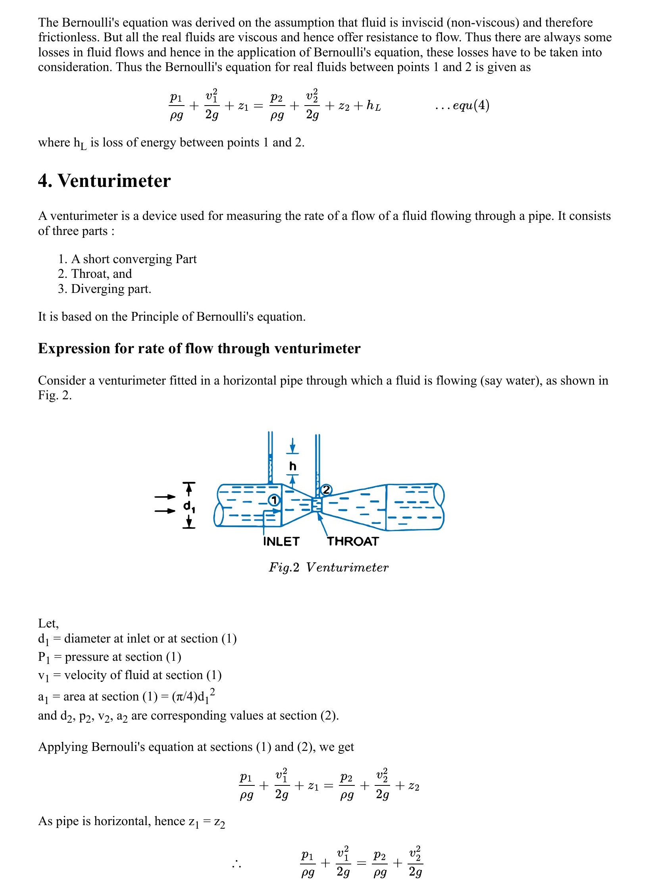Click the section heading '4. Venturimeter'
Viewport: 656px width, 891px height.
point(104,181)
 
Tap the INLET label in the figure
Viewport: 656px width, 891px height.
point(281,542)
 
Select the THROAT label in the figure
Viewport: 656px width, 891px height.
point(353,542)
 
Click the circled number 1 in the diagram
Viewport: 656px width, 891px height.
point(274,500)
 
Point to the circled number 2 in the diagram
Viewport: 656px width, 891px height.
point(326,490)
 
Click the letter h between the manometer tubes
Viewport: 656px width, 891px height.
point(292,466)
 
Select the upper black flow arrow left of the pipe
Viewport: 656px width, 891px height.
point(165,497)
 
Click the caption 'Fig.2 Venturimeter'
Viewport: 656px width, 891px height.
point(329,568)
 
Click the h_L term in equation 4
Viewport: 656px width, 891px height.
point(373,106)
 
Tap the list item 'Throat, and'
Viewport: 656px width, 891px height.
point(101,274)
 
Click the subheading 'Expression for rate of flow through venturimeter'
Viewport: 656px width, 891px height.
point(199,348)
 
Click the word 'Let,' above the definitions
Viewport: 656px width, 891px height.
point(48,623)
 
